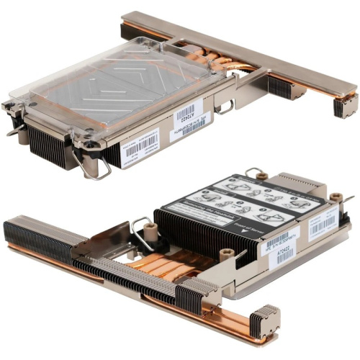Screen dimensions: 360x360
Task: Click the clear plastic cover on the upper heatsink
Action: click(x=115, y=86)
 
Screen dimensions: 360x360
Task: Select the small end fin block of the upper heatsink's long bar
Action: click(x=343, y=104)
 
